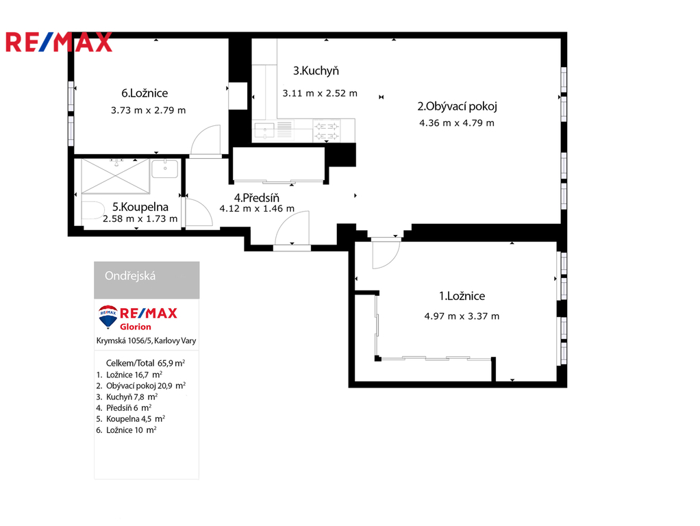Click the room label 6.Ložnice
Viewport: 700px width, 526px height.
[x=145, y=94]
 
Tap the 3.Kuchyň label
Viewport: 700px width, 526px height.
[x=316, y=71]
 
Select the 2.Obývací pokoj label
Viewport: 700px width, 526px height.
[x=457, y=106]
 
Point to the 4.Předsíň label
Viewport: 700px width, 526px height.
[x=255, y=197]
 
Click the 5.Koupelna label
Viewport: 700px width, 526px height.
[x=140, y=206]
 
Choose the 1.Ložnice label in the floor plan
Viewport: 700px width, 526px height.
[x=462, y=296]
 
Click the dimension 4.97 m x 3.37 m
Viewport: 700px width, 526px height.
[x=462, y=316]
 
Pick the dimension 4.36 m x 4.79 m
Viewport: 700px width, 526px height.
[x=457, y=123]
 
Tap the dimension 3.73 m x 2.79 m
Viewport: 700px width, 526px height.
[x=148, y=110]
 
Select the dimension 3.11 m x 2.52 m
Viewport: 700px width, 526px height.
[x=320, y=94]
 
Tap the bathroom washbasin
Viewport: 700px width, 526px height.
[x=165, y=168]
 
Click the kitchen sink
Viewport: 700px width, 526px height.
[x=264, y=130]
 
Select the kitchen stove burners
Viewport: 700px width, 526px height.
[x=326, y=130]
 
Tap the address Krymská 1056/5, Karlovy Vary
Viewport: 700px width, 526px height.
[x=147, y=340]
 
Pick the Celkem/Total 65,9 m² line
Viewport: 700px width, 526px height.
[x=146, y=363]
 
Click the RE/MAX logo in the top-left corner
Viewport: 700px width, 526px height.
[x=59, y=42]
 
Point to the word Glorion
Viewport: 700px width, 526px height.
[x=135, y=327]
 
